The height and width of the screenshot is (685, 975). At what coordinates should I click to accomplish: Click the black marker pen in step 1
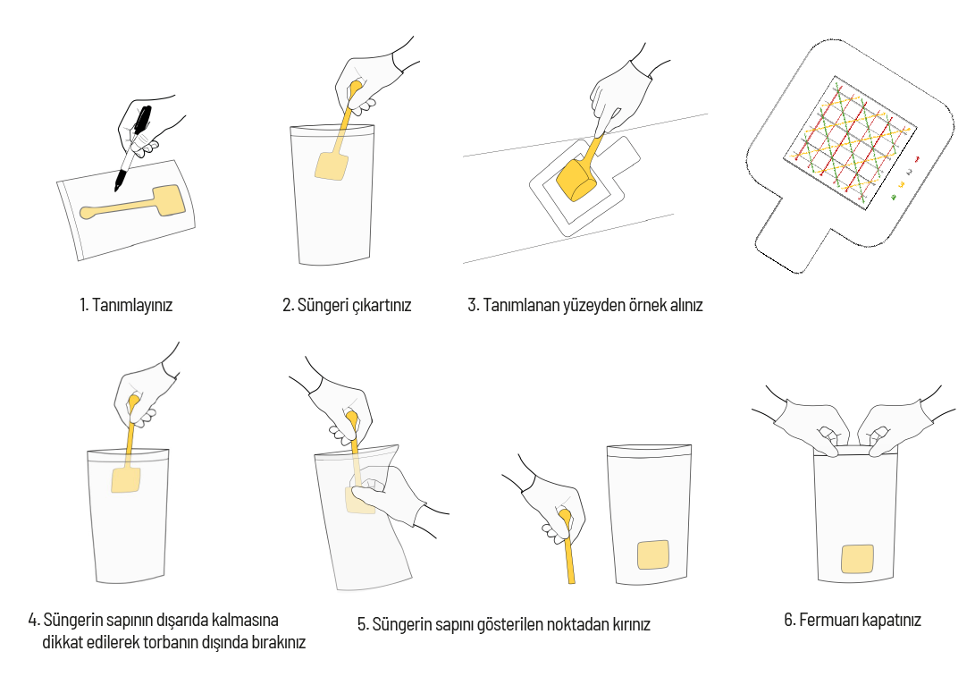[132, 148]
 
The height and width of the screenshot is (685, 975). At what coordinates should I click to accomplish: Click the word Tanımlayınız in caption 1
[132, 306]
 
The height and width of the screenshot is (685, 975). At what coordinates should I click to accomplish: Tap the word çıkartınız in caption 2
[382, 306]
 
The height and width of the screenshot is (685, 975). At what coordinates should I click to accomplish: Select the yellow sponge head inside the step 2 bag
[332, 165]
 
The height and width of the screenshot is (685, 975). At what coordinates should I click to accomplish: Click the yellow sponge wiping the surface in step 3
[576, 181]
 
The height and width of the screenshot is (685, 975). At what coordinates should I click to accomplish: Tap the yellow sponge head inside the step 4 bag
[126, 480]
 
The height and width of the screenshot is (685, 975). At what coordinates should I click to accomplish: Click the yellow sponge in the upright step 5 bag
[653, 554]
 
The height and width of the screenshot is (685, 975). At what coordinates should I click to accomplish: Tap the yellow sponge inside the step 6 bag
[857, 559]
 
